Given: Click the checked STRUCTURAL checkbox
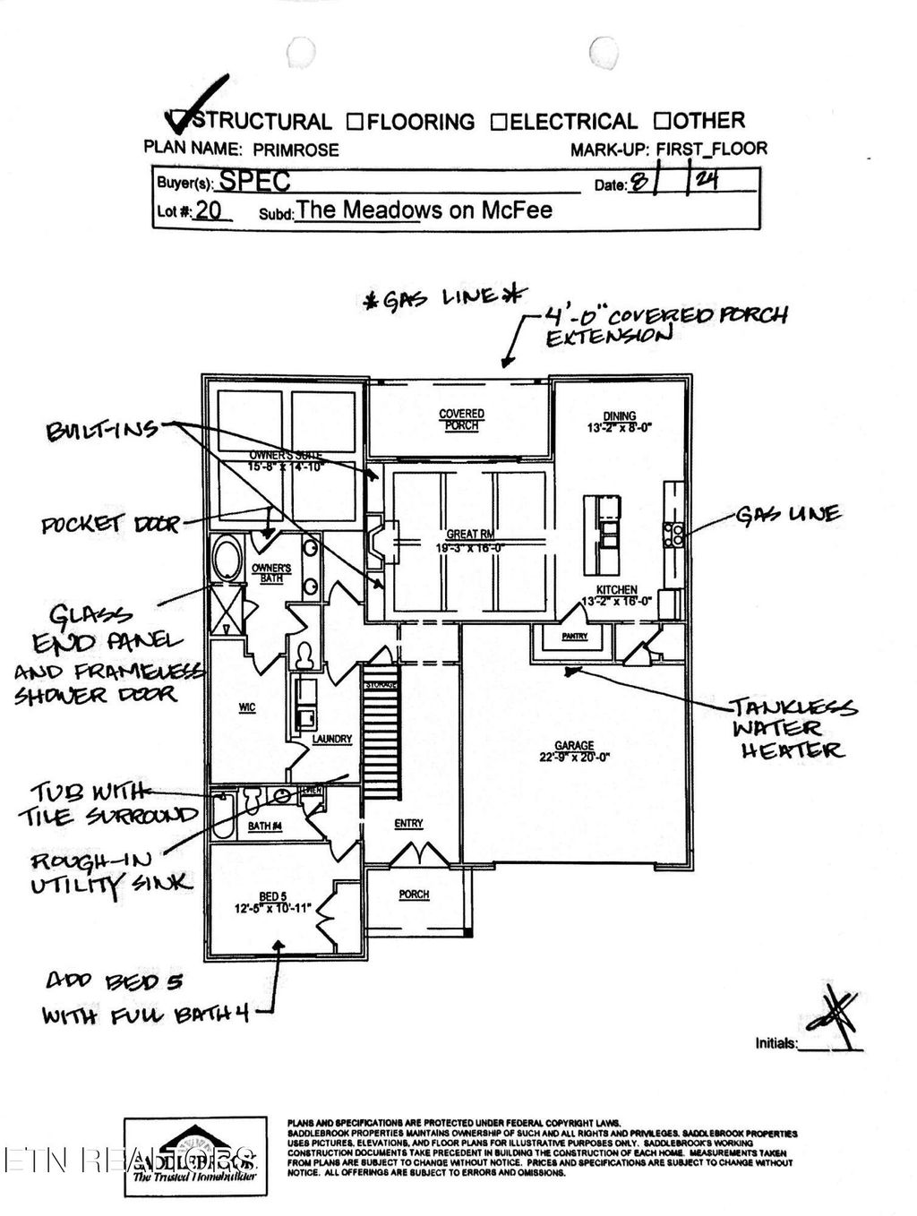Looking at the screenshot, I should [178, 119].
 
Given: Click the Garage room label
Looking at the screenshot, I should [574, 746].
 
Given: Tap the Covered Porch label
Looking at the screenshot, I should [461, 419].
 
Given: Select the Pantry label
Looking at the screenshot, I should [574, 637].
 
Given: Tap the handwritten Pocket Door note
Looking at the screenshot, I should [110, 524].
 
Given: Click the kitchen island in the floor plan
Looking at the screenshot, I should [603, 534].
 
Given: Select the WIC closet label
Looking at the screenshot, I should [247, 707].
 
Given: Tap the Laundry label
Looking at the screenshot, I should [331, 740].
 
